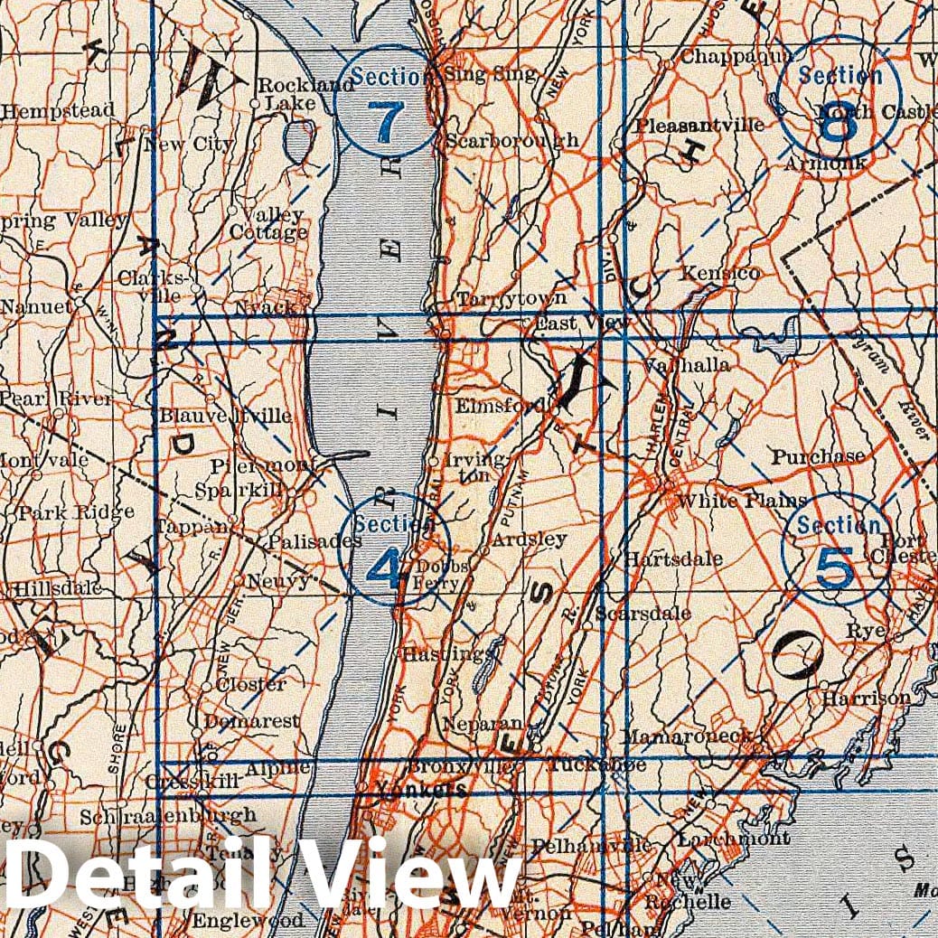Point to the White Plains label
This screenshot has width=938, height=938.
tap(741, 501)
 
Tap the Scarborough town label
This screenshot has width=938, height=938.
tap(511, 141)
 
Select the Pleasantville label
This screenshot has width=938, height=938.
tap(699, 125)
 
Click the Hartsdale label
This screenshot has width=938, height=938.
tap(673, 559)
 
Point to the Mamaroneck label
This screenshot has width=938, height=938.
tap(686, 736)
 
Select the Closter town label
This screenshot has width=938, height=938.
tap(251, 684)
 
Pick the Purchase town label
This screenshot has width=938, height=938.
tap(818, 457)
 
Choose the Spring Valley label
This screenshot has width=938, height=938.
tap(63, 220)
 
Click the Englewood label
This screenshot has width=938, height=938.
tap(247, 921)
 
